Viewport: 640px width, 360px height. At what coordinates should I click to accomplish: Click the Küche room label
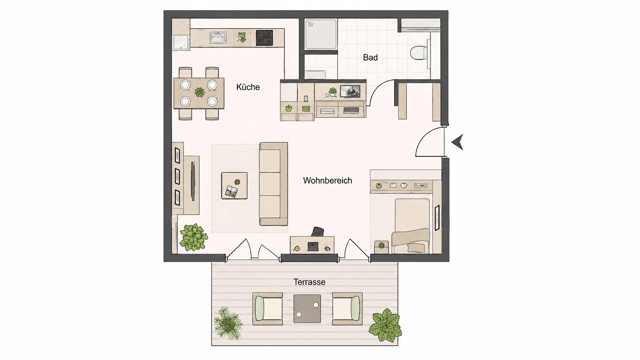coord(248,87)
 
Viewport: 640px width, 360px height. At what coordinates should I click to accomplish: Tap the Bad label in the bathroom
coord(370,57)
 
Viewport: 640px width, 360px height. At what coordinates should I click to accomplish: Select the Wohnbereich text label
coord(327,181)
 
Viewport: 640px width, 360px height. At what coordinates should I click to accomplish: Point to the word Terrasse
coord(309,282)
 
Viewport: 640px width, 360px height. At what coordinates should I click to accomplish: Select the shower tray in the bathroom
coord(321,34)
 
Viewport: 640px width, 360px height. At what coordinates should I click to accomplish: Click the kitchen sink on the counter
coord(218,38)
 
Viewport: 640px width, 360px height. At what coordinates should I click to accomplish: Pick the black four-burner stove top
coord(264,38)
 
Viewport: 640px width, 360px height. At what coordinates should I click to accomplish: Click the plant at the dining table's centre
coord(199,92)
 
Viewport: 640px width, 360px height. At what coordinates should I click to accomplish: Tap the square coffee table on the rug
coord(234,186)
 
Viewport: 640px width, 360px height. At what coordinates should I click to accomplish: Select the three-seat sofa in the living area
coord(273,184)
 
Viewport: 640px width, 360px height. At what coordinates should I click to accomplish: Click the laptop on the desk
coord(313,246)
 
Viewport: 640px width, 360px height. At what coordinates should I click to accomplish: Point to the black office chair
coord(318,232)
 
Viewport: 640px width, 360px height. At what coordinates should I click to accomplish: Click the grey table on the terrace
coord(307,309)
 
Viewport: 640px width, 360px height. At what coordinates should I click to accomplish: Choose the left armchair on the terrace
coord(268,309)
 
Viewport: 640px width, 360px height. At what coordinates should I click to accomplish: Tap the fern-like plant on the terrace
coord(228,323)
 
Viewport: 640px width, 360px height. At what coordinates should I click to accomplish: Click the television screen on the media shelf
coord(350,91)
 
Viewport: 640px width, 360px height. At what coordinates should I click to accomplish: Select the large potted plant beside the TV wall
coord(193,238)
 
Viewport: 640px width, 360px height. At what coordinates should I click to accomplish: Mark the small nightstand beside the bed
coord(381,247)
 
